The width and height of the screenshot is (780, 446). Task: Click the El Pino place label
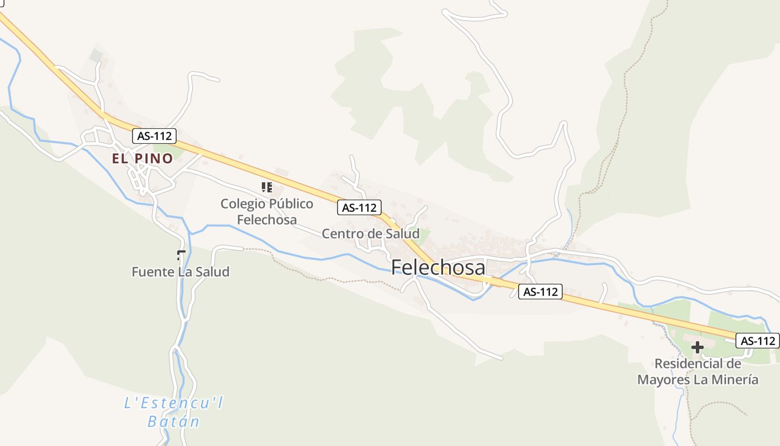143,158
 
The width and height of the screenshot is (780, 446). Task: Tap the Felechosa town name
438,268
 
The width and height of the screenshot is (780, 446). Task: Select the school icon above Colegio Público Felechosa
267,187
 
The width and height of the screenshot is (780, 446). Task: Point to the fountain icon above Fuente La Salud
180,256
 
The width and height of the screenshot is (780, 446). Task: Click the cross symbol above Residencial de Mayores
697,348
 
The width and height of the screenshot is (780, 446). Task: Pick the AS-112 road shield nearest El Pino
154,135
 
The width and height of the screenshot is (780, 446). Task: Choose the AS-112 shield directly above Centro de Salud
359,208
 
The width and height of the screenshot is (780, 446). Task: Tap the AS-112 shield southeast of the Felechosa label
540,291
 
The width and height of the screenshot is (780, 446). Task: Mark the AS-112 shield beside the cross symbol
757,341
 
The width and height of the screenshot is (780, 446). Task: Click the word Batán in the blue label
173,421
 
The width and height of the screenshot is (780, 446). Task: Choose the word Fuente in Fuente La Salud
149,272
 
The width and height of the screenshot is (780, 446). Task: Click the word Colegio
240,203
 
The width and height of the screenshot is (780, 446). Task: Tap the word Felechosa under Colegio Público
267,220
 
